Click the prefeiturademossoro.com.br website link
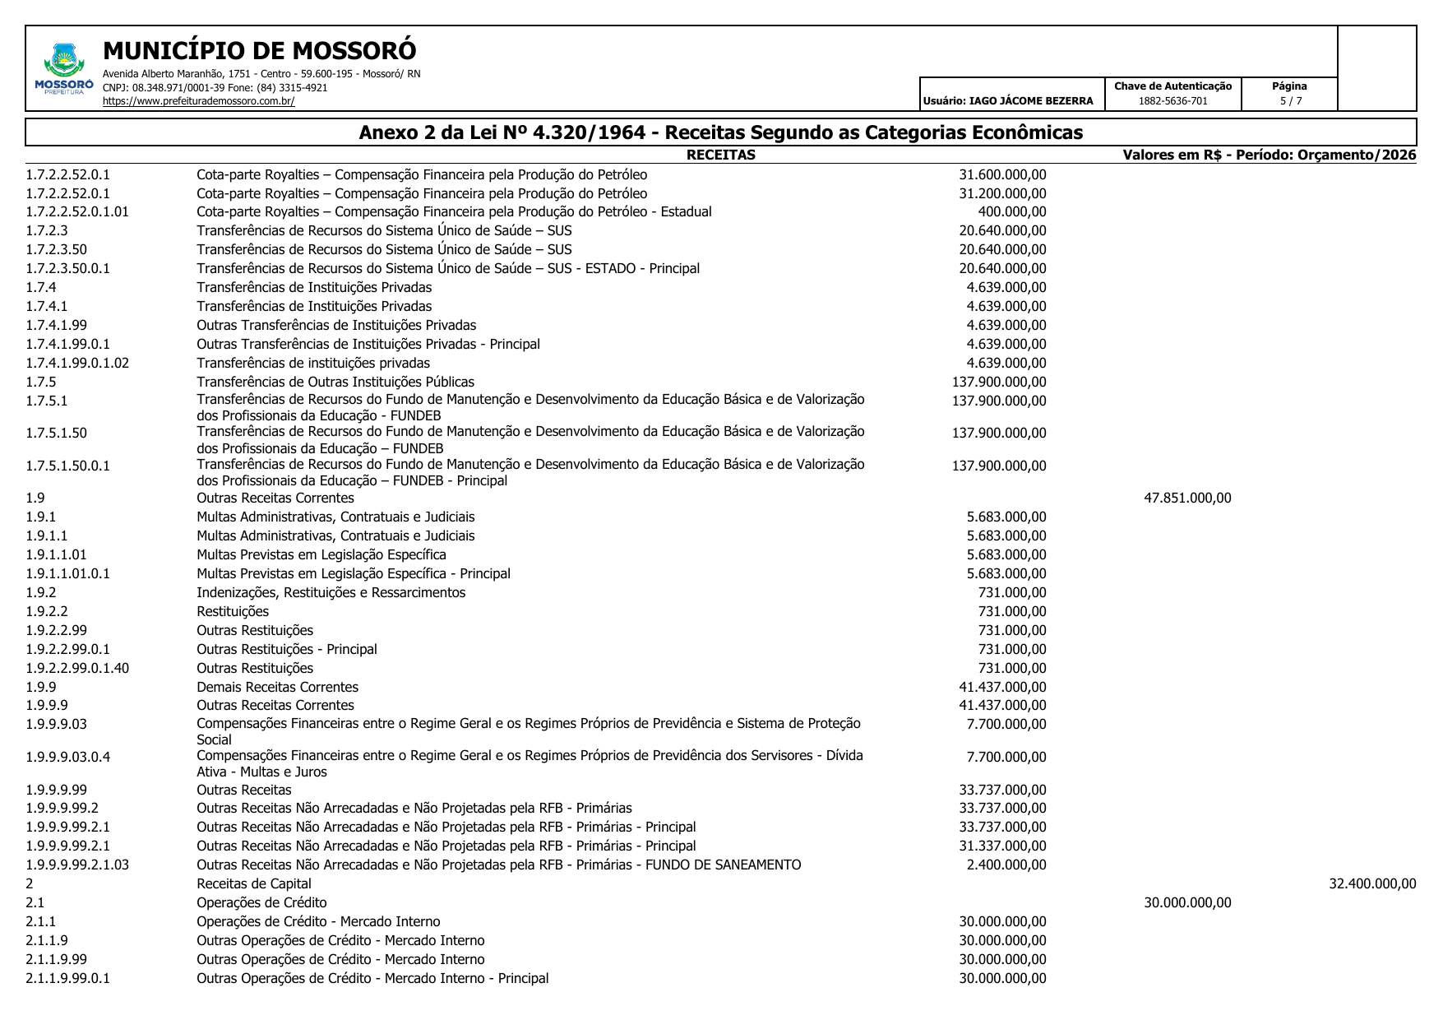(x=198, y=101)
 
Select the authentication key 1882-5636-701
(x=1172, y=101)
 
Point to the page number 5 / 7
(x=1290, y=101)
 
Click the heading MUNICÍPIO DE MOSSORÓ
(x=259, y=51)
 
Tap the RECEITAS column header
(x=720, y=155)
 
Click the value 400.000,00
(x=1011, y=212)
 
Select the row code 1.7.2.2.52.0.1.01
(x=77, y=212)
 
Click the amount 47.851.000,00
(x=1187, y=498)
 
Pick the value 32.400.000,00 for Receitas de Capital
(x=1372, y=884)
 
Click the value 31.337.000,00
(x=1002, y=846)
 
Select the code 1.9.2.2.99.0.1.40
(x=77, y=669)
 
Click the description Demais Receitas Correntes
(x=277, y=688)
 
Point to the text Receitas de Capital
(x=254, y=884)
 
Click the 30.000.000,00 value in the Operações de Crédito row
(x=1187, y=903)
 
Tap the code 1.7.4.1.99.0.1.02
(x=77, y=364)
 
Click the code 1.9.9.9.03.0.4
(x=67, y=758)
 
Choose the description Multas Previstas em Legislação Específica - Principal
(x=353, y=574)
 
